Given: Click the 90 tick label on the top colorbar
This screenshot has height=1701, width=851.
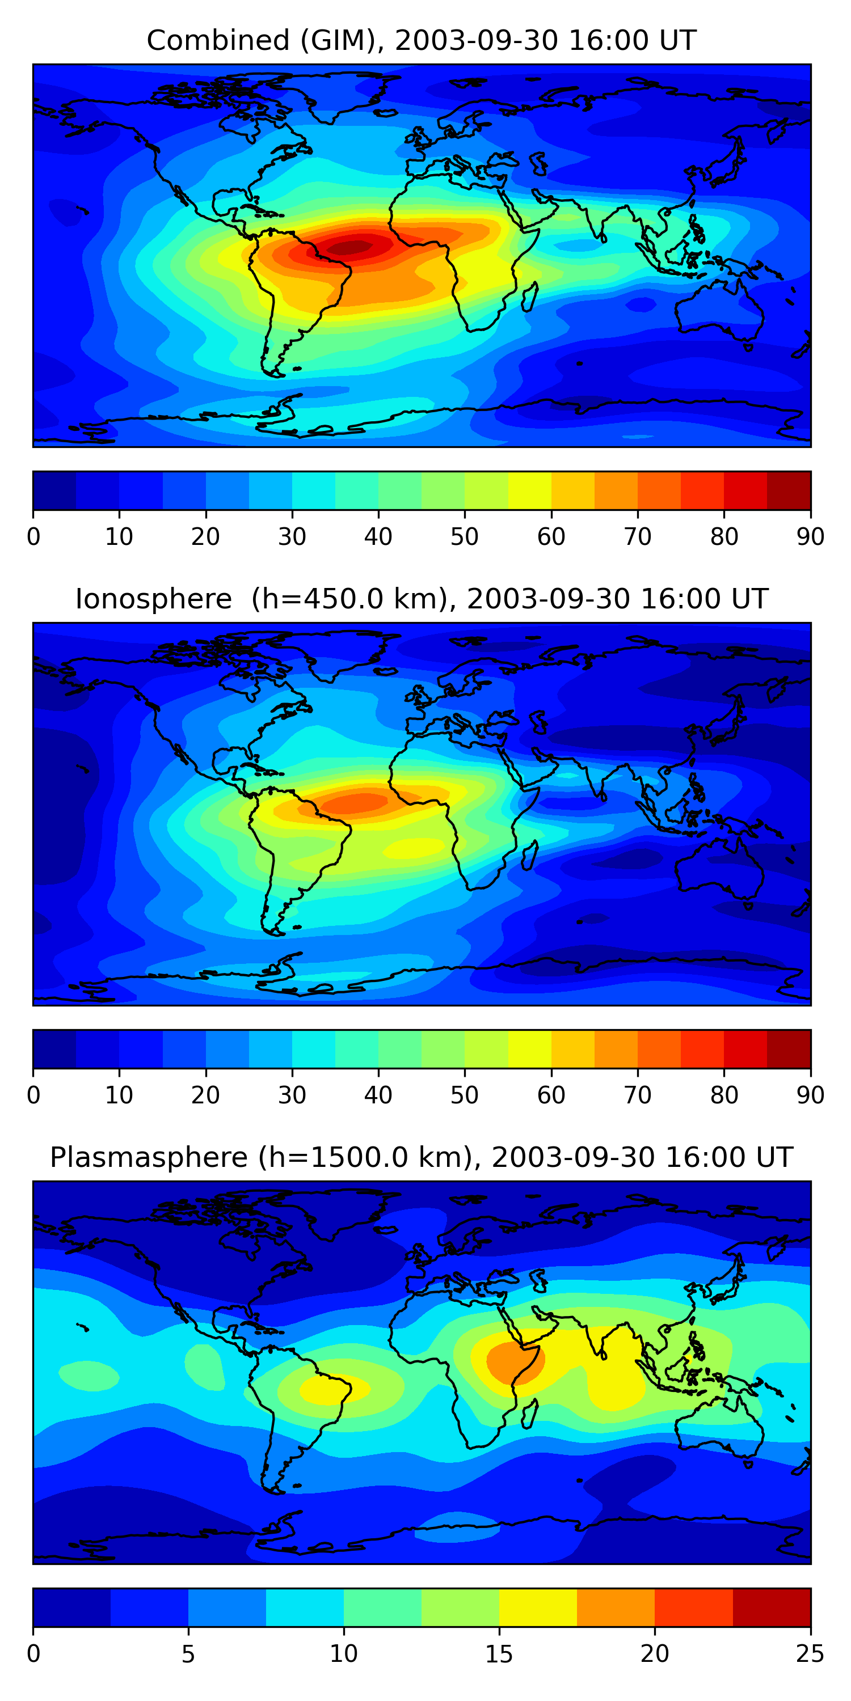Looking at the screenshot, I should (x=810, y=537).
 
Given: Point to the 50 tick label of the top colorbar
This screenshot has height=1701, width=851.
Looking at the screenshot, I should (x=465, y=537).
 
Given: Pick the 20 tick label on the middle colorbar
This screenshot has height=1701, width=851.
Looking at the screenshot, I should (x=205, y=1095).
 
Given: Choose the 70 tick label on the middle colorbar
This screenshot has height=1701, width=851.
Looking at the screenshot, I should (x=638, y=1095).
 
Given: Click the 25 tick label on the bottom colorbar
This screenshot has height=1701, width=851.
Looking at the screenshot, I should (x=810, y=1654).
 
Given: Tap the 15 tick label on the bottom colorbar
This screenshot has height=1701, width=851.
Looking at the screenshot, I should (x=499, y=1654).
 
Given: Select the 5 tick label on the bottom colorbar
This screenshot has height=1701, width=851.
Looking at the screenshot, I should (x=188, y=1654).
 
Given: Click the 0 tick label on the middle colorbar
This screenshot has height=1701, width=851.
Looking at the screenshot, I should (x=33, y=1095).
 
